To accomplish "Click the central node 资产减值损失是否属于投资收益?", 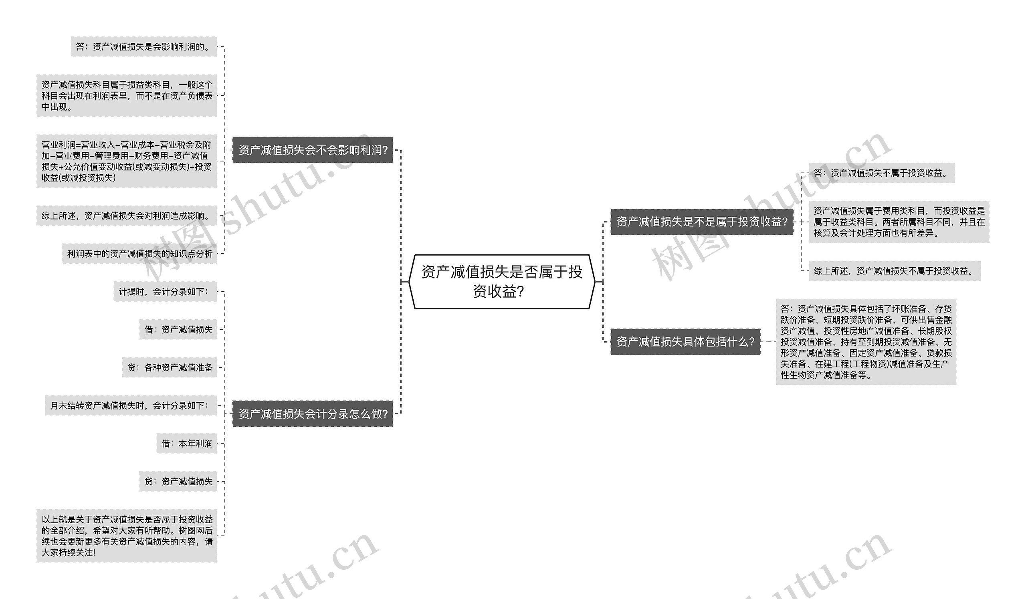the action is (502, 281).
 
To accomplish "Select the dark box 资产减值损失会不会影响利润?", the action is (313, 150).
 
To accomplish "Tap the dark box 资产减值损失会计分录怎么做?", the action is (313, 414).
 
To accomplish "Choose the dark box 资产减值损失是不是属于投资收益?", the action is (702, 222).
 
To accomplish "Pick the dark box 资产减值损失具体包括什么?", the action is (685, 342).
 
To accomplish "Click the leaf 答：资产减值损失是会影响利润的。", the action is (144, 47).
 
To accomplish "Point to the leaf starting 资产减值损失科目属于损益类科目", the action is (127, 96).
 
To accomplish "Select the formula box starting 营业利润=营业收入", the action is (127, 161).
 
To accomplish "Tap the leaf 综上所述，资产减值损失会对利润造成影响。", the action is (127, 216).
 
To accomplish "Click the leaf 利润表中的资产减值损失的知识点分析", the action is (139, 254).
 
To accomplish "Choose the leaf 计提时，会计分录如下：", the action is (165, 292).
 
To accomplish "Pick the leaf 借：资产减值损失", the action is (178, 330).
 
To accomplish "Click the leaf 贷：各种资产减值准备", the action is (170, 367).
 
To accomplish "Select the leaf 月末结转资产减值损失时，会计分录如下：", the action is (131, 405).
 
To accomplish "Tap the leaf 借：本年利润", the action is (186, 443).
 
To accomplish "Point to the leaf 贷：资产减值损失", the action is (178, 481).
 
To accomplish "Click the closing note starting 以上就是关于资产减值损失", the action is (127, 536).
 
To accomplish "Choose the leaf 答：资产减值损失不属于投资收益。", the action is (881, 173).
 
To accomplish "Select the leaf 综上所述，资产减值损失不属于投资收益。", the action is (894, 271).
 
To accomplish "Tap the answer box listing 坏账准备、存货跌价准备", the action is (866, 342).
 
